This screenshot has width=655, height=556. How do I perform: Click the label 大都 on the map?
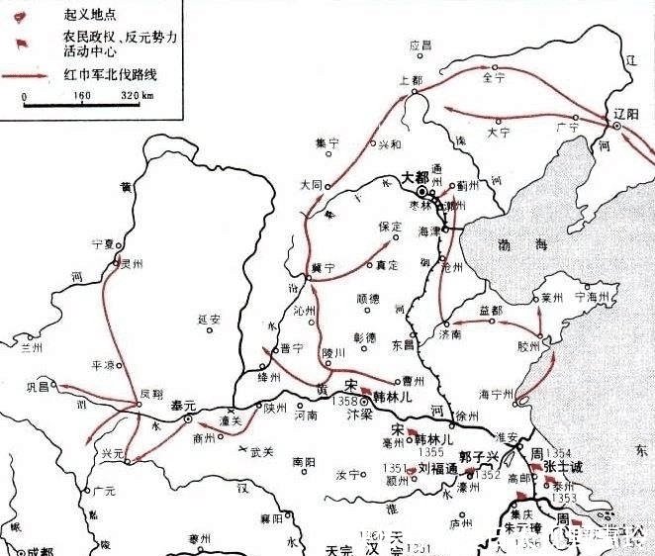tap(417, 179)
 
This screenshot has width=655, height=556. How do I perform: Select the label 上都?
tap(409, 79)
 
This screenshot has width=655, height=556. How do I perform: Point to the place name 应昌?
tap(421, 46)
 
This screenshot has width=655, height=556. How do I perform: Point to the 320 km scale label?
tap(134, 96)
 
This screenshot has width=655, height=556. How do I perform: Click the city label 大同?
tap(311, 184)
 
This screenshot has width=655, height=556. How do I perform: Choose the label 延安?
tap(209, 319)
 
